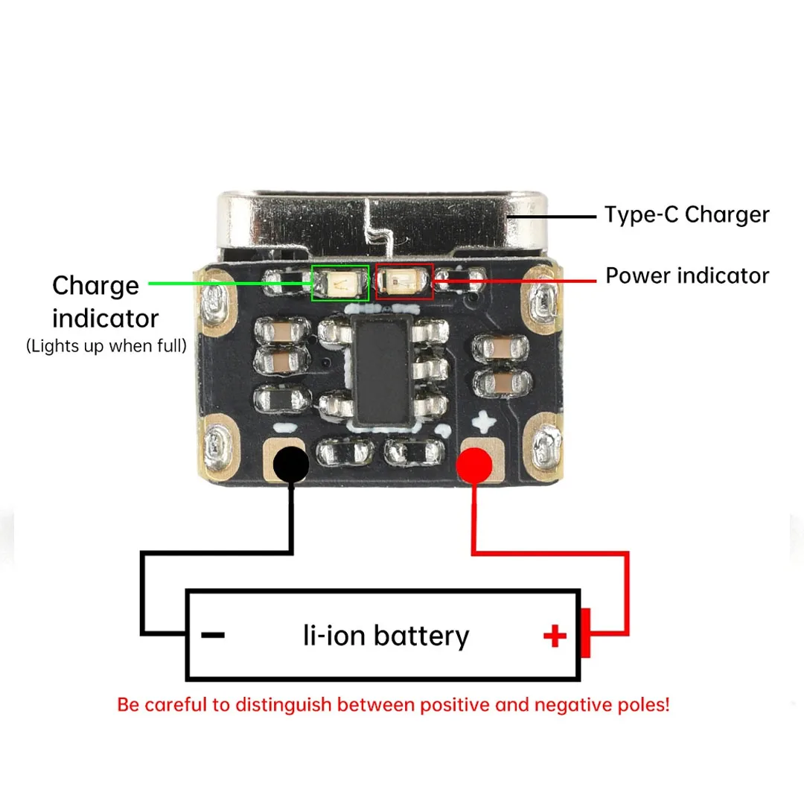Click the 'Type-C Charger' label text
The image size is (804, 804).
pos(686,215)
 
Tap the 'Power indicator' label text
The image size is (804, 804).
pos(687,276)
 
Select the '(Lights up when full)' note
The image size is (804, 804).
pos(106,346)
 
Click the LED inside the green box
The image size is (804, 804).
pos(340,283)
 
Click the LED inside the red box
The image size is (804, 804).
pos(403,281)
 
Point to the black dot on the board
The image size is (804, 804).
pos(291,465)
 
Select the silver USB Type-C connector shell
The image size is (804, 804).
pos(383,225)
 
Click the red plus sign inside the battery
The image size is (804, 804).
pos(555,636)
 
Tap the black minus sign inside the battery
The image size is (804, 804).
pos(213,635)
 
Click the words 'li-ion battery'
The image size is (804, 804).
pos(386,636)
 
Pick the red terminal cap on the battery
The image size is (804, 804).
pos(585,633)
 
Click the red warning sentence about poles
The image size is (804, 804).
pos(393,705)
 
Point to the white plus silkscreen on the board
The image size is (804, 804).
pos(484,421)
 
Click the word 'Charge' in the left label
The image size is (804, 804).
pos(96,287)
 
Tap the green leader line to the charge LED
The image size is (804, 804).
pos(230,283)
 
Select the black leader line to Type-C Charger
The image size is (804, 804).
pos(552,217)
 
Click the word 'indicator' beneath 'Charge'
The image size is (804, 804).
pos(106,319)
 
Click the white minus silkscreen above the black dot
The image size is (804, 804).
pos(285,427)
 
